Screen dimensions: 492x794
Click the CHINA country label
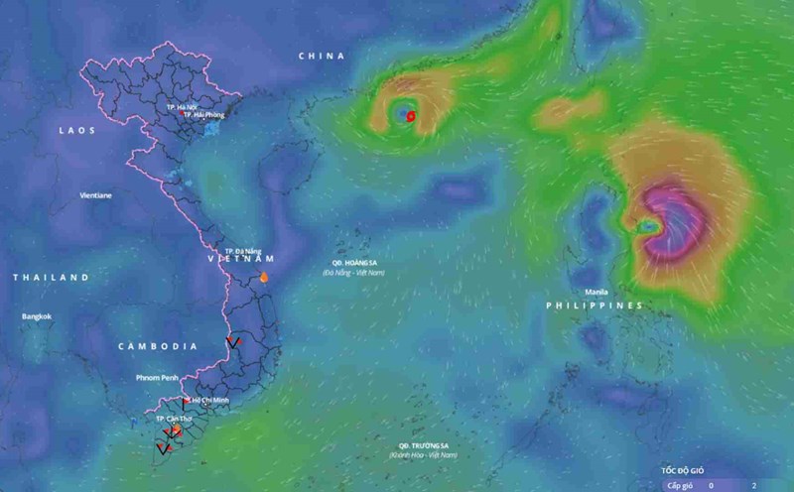pos(322,56)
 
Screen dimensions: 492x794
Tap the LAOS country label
pos(76,130)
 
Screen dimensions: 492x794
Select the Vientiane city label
pos(95,195)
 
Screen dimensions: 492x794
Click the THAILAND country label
pos(51,277)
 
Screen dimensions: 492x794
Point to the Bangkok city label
pos(37,316)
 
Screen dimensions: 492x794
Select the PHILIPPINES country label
pos(595,306)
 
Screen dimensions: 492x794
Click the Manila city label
pos(596,292)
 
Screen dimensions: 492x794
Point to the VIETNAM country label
pos(238,260)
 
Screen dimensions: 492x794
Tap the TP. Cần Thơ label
pos(174,420)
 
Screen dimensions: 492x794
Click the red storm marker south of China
pos(410,116)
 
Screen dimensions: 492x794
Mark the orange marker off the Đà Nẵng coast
pos(264,278)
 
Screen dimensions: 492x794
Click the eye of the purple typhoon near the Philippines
pos(648,227)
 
